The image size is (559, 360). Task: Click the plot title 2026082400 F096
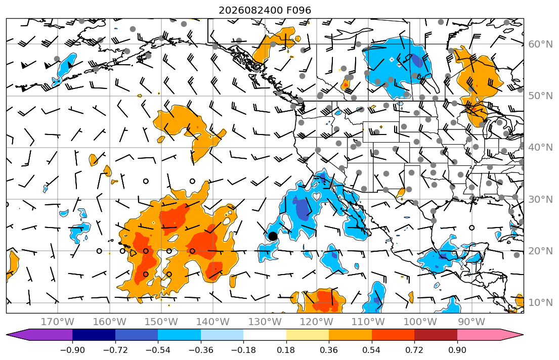(x=265, y=10)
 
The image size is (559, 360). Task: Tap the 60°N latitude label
(x=540, y=44)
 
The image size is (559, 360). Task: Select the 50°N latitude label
(x=540, y=96)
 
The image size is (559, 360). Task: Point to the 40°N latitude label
(x=540, y=148)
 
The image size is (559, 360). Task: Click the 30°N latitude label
(x=540, y=199)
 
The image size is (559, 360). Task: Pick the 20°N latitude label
(x=540, y=251)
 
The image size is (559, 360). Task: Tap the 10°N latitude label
(x=540, y=303)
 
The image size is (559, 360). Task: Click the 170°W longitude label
(x=58, y=322)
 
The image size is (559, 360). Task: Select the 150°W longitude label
(x=161, y=322)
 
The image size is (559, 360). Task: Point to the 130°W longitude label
(x=265, y=322)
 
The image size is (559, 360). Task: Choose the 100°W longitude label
(x=420, y=322)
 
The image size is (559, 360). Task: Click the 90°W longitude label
(x=471, y=322)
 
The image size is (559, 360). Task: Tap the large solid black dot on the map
(x=273, y=236)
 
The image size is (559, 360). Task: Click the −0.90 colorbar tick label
(x=72, y=350)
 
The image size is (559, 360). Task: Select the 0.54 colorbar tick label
(x=371, y=350)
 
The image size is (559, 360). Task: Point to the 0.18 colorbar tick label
(x=286, y=350)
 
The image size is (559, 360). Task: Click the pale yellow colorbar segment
(x=307, y=335)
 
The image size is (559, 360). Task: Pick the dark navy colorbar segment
(x=94, y=335)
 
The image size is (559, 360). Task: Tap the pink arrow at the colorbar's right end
(x=490, y=335)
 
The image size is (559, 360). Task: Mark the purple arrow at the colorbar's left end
(x=39, y=335)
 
